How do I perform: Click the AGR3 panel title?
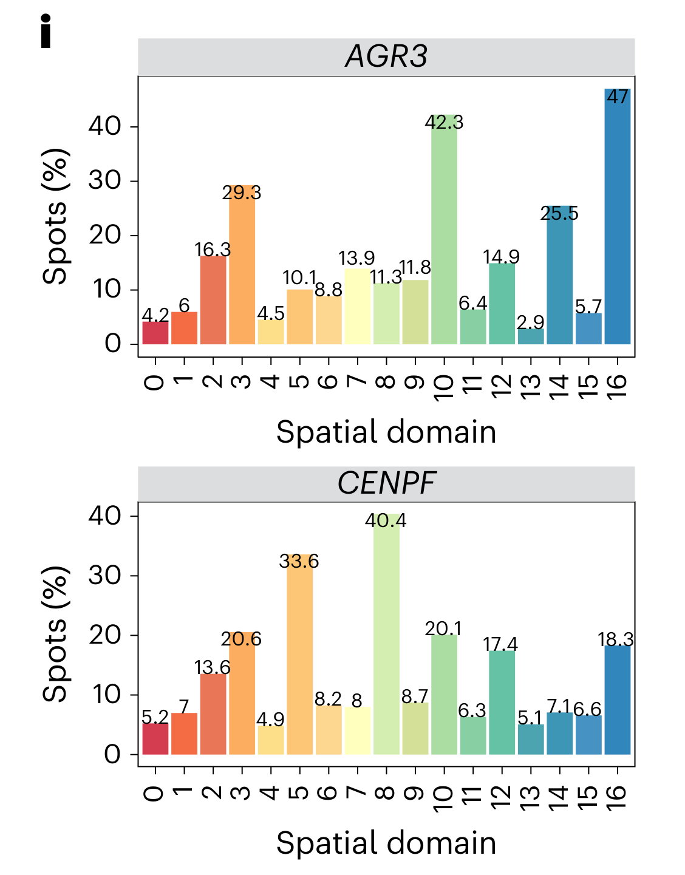coord(386,56)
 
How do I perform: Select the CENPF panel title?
coord(386,484)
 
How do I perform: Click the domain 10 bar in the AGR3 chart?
coord(444,237)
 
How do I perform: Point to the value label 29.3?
coord(242,193)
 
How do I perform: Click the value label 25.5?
coord(559,214)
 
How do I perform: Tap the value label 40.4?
coord(386,521)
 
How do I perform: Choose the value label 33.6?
coord(299,562)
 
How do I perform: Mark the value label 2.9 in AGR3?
coord(531,322)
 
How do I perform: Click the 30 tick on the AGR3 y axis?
coord(104,181)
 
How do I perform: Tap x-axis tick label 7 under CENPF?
coord(357,793)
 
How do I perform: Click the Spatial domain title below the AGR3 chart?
coord(386,432)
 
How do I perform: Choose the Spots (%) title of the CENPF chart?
coord(55,635)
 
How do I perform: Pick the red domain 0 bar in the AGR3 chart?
coord(155,333)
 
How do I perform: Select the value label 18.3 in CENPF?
coord(616,639)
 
